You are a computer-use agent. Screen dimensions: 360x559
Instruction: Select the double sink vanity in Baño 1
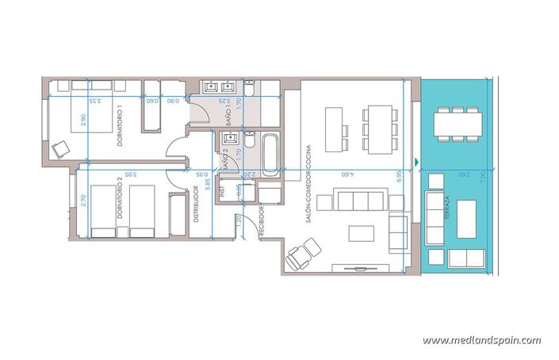pos(222,87)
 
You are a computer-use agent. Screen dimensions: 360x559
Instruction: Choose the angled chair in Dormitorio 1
pos(60,148)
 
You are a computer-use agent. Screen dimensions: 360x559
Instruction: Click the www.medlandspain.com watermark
pos(481,340)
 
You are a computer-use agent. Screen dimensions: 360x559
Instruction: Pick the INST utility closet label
pos(224,193)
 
